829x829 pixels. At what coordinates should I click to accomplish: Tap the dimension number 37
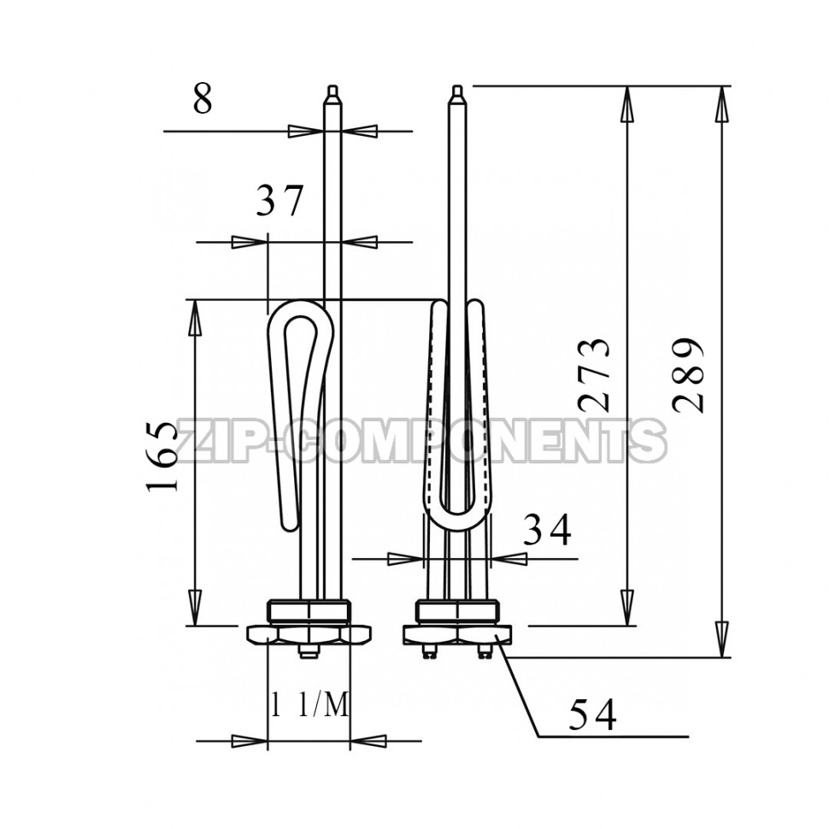(x=279, y=200)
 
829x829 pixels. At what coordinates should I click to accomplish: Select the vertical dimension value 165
(x=163, y=457)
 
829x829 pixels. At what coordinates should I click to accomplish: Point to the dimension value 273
(x=595, y=375)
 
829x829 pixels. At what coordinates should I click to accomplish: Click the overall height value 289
(x=689, y=375)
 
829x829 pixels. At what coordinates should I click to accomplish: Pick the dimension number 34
(x=547, y=529)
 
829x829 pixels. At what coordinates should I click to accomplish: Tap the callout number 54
(x=592, y=714)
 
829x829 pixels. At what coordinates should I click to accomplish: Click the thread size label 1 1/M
(x=309, y=705)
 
